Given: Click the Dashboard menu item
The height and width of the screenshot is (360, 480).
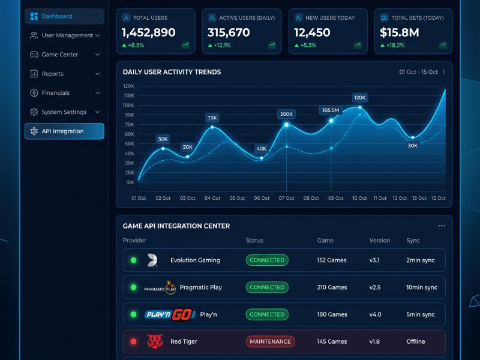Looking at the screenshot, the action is coord(64,16).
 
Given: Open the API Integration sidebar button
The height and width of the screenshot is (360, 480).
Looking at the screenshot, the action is coord(64,131).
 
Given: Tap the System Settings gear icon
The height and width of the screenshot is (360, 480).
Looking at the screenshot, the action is coord(34,112).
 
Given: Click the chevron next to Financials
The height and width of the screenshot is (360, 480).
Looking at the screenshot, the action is coord(97,93).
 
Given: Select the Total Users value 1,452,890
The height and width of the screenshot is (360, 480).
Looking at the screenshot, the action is coord(148,32).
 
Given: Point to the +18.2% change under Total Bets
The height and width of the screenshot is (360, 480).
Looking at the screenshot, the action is coord(395,46).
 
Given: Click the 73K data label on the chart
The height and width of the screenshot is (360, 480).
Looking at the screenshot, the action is coord(212,118).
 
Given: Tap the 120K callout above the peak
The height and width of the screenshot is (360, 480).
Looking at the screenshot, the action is coord(359,98).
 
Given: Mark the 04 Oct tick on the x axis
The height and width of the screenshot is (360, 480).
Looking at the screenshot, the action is coord(212,198).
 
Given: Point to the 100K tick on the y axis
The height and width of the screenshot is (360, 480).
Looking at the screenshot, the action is coord(128,106).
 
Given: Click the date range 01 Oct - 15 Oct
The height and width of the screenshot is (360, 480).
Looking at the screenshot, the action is coord(418,72).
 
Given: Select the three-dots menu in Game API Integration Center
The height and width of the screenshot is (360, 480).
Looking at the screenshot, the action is coord(441,226).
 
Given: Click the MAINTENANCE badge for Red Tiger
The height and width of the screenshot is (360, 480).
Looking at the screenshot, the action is coord(271,341).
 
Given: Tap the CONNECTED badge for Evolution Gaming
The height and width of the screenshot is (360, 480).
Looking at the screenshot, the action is coord(267,260).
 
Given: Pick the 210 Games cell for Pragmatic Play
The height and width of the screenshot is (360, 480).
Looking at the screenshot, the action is coord(332,287).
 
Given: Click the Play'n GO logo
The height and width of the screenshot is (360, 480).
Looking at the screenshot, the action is coord(170,314).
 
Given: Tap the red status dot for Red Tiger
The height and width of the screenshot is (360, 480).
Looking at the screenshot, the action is coord(133,341).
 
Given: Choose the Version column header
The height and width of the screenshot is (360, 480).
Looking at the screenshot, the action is coord(380,241).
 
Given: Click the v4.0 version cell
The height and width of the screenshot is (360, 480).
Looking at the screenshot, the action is coord(375,314).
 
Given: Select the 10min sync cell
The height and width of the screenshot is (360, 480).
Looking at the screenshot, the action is coord(422,287).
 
